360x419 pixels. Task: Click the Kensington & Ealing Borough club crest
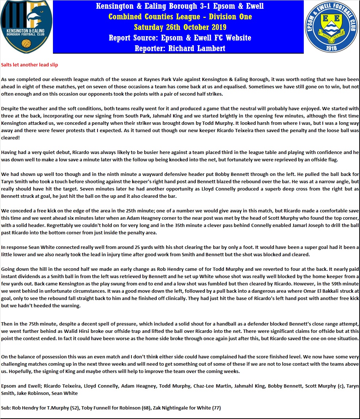pos(27,27)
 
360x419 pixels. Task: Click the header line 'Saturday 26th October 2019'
pos(180,27)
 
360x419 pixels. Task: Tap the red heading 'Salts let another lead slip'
pos(30,65)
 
